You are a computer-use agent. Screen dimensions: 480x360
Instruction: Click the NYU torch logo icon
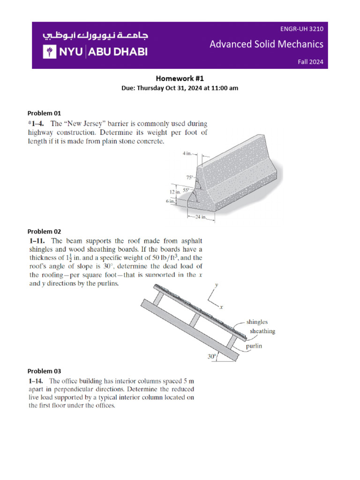[x=50, y=52]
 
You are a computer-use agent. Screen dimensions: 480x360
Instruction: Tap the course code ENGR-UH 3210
[x=301, y=29]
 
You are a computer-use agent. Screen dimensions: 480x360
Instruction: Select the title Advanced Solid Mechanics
[x=266, y=44]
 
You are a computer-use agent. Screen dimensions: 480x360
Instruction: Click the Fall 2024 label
[x=310, y=62]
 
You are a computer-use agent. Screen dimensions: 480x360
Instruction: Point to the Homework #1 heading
[x=180, y=79]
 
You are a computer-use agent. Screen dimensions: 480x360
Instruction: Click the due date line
[x=180, y=88]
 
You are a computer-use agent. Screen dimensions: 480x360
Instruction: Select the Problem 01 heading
[x=44, y=113]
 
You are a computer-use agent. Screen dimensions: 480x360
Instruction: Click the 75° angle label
[x=189, y=178]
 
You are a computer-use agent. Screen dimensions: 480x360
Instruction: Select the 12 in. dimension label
[x=175, y=192]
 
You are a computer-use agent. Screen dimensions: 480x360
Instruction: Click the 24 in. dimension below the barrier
[x=201, y=217]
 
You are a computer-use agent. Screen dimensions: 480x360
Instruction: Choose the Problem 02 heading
[x=44, y=231]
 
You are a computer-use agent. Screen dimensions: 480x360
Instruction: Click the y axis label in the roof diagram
[x=217, y=285]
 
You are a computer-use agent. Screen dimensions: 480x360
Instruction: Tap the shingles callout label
[x=257, y=322]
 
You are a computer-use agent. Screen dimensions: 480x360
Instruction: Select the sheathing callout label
[x=262, y=331]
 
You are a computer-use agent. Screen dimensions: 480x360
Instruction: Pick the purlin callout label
[x=256, y=346]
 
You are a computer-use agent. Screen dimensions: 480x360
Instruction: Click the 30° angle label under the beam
[x=212, y=357]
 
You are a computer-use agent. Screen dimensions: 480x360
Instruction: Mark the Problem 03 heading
[x=44, y=371]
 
